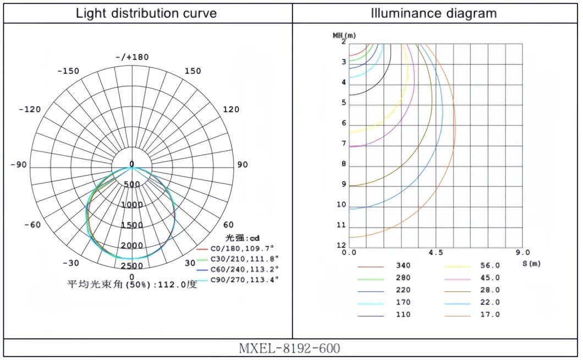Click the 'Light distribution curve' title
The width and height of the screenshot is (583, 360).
click(x=146, y=13)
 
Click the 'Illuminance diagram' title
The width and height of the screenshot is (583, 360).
click(x=434, y=13)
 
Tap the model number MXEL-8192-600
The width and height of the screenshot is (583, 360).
click(x=290, y=348)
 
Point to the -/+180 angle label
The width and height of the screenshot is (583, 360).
click(x=132, y=57)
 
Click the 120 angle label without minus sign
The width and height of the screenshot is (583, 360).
click(x=232, y=110)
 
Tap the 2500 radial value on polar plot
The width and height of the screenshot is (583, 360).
click(x=131, y=266)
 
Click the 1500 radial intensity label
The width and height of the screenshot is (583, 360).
click(x=131, y=225)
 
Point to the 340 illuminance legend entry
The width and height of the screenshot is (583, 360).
click(x=403, y=266)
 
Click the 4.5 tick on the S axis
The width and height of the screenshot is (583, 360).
click(x=436, y=253)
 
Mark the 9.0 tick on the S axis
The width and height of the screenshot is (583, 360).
click(x=522, y=253)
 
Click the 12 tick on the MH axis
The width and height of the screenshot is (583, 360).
click(x=342, y=246)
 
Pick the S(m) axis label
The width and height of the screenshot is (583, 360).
click(x=532, y=264)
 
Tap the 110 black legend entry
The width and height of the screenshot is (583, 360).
click(x=403, y=315)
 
